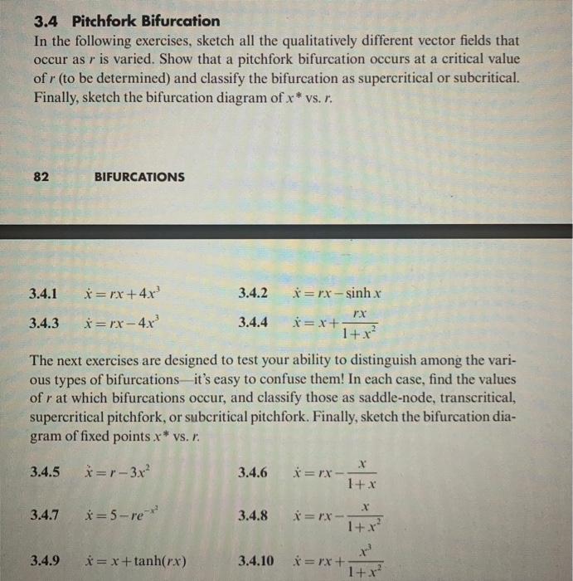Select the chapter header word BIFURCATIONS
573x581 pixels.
coord(139,177)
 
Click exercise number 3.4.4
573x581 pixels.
coord(253,323)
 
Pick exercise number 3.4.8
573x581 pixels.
coord(253,515)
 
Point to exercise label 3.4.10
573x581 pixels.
coord(255,558)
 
